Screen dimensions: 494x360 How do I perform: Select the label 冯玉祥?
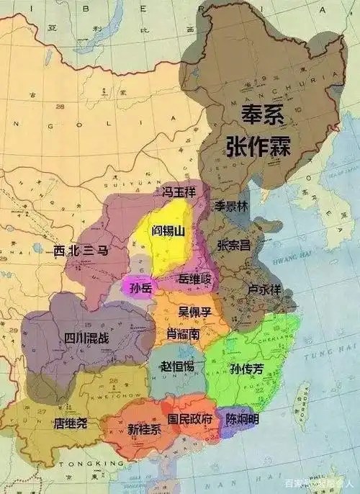coord(180,192)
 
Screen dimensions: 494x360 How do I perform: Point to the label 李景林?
coord(230,205)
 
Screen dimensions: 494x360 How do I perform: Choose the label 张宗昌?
coord(234,245)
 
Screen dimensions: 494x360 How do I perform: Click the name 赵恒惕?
coord(178,367)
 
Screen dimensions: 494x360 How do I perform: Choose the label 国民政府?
coord(190,418)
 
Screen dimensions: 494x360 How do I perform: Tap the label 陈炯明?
coord(243,418)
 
